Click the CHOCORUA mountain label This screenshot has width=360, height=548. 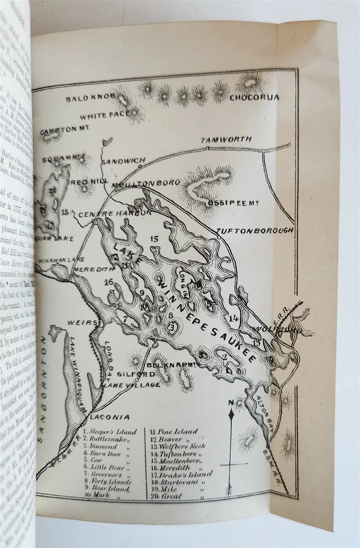pyautogui.click(x=254, y=98)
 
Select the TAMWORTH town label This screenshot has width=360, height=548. pyautogui.click(x=226, y=139)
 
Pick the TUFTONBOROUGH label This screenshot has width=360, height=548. pyautogui.click(x=254, y=231)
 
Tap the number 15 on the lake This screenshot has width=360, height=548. pyautogui.click(x=154, y=239)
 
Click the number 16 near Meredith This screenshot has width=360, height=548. pyautogui.click(x=108, y=282)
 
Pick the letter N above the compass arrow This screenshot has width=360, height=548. pyautogui.click(x=230, y=402)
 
